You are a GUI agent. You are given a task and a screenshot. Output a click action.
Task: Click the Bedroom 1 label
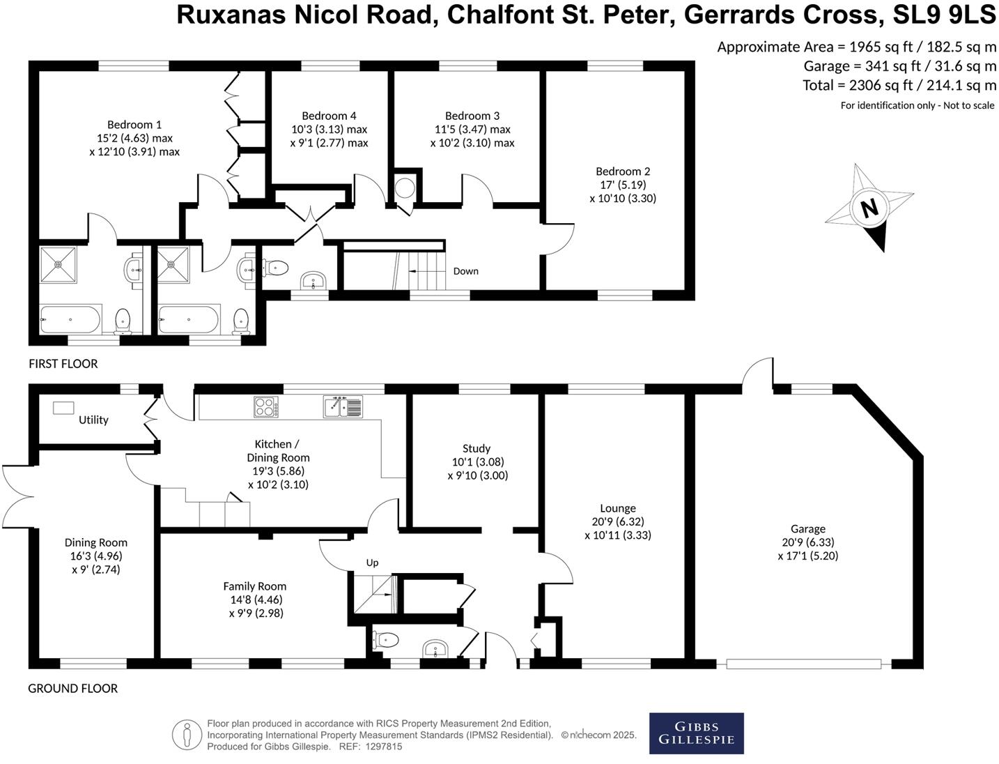[134, 125]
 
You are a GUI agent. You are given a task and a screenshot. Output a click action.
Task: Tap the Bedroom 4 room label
[329, 116]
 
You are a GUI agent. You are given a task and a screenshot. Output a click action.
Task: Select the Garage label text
[807, 529]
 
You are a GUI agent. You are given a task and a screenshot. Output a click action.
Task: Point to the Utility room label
[93, 420]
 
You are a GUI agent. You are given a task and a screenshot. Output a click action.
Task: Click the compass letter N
[869, 208]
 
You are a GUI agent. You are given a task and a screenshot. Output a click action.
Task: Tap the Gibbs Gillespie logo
[696, 733]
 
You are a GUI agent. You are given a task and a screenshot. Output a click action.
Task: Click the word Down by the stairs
[465, 271]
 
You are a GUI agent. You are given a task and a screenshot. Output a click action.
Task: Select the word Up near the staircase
[373, 563]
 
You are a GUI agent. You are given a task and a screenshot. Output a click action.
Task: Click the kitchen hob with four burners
[267, 406]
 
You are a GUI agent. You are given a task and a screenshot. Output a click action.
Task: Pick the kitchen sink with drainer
[343, 406]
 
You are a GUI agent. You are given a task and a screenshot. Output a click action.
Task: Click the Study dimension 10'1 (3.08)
[477, 461]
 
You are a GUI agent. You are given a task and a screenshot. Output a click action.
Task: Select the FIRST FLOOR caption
[63, 363]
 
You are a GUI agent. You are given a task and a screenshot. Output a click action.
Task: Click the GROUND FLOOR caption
[72, 688]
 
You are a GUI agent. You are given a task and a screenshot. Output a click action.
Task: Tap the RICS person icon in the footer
[186, 735]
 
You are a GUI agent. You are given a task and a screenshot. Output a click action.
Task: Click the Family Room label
[254, 586]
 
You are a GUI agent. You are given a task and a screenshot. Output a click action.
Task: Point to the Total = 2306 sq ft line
[899, 85]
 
